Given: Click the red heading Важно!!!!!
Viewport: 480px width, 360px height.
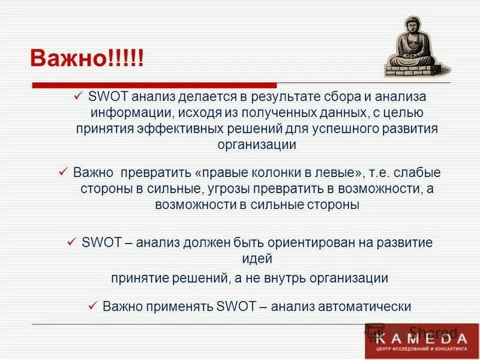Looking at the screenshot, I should click(88, 59).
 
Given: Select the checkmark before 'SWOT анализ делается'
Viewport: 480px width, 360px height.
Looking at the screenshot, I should click(78, 96).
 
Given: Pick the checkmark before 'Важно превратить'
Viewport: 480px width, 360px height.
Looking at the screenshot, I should click(64, 172).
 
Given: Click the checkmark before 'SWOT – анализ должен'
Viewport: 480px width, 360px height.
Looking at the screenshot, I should click(71, 242).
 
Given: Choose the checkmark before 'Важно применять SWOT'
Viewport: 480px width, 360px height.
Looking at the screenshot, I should click(92, 306).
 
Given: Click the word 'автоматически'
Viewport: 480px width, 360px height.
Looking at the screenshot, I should click(370, 307).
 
